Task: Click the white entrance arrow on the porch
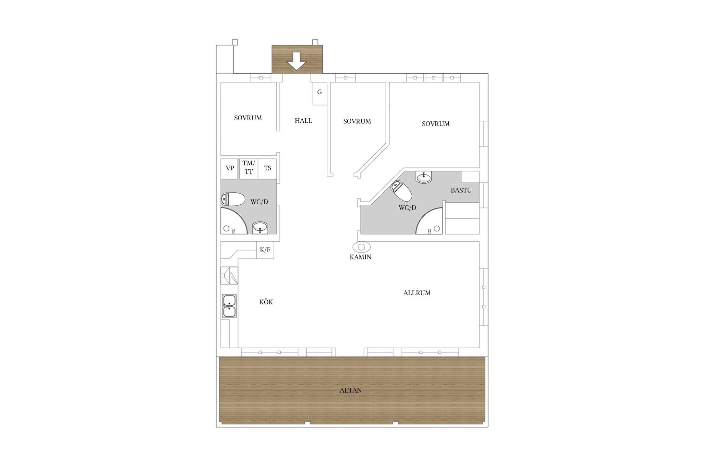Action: (296, 61)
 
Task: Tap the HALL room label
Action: (303, 121)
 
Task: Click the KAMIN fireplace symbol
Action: (362, 247)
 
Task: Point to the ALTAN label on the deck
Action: (351, 390)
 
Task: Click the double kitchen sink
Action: (229, 306)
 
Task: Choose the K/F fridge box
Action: (265, 250)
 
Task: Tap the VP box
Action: (229, 169)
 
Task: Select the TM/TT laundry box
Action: (249, 169)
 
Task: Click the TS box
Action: (267, 169)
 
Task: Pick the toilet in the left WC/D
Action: (233, 199)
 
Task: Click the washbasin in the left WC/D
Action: (260, 228)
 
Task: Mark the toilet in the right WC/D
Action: (402, 191)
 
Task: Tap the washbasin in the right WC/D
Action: (424, 177)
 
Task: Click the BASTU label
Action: (461, 190)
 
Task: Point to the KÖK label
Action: (266, 302)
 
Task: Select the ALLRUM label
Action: (417, 293)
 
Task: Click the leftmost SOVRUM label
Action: (248, 118)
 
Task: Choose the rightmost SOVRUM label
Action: (436, 124)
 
